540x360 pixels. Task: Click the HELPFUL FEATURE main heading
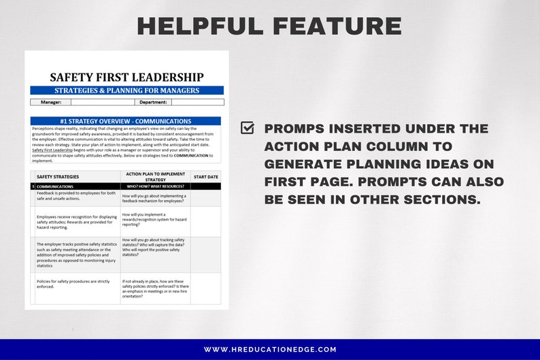[x=269, y=26]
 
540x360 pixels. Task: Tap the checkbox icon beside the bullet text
[x=248, y=128]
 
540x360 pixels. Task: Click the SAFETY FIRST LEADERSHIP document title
[x=126, y=77]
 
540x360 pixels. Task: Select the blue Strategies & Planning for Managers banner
[x=126, y=91]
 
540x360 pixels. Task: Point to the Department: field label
[x=153, y=102]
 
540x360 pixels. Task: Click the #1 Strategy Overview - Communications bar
[x=126, y=121]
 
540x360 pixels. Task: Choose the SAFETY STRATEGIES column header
[x=58, y=176]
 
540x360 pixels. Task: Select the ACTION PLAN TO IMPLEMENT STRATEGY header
[x=156, y=176]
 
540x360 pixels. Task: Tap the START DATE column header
[x=205, y=176]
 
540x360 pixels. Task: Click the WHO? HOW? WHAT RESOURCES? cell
[x=156, y=186]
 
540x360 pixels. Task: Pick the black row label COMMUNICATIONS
[x=55, y=186]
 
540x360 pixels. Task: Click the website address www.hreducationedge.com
[x=270, y=350]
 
